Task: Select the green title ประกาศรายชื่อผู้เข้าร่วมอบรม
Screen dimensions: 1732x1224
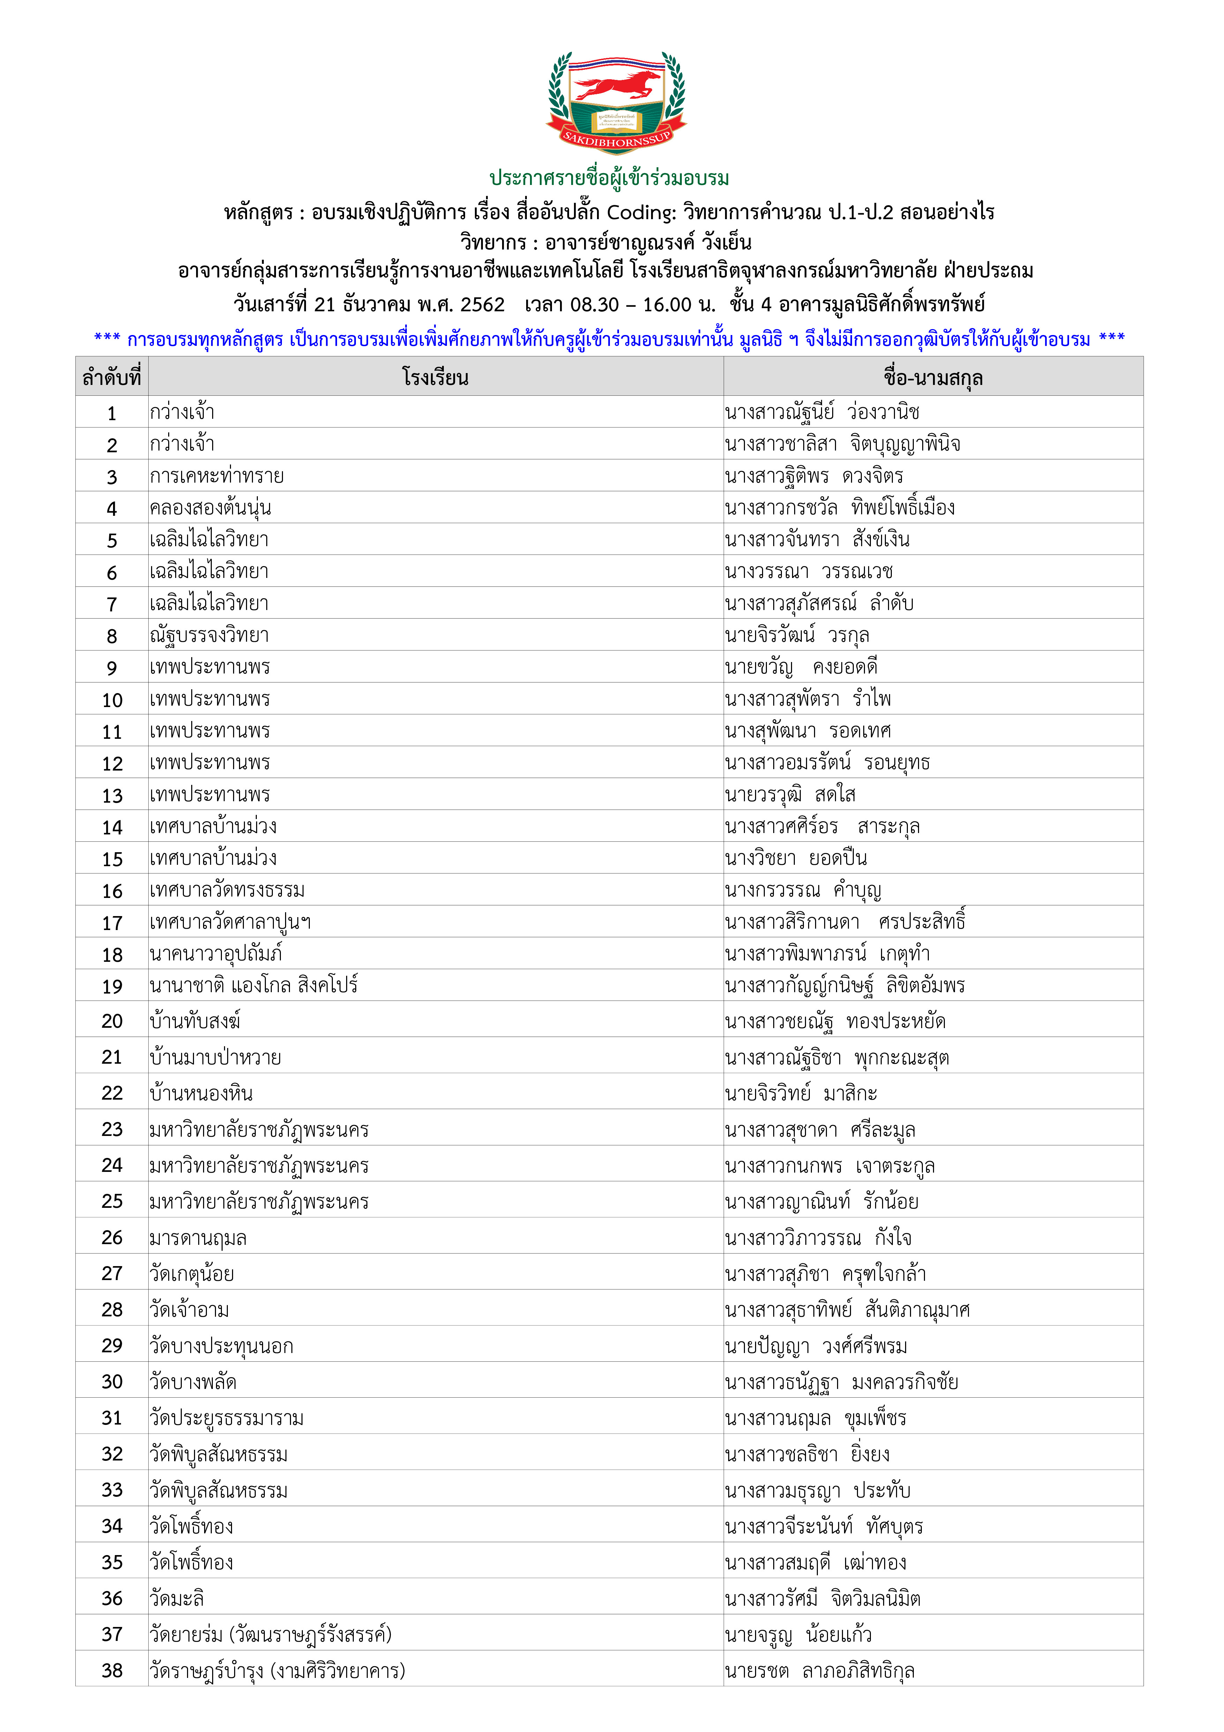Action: coord(609,179)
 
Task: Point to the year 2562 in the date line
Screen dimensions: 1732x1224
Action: coord(483,305)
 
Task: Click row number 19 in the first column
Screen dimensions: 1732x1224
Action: coord(112,986)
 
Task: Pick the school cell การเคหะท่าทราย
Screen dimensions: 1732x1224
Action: coord(216,476)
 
